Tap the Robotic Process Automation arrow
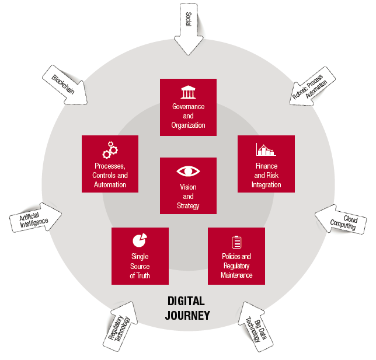310,86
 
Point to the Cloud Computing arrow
342,221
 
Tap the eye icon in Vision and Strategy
188,171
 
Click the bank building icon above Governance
188,92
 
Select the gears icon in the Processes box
110,150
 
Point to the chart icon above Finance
266,149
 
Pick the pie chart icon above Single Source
140,240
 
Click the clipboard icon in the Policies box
236,242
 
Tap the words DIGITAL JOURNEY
187,309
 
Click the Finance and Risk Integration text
266,175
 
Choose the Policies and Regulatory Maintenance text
236,265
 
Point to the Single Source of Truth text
140,265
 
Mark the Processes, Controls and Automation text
110,175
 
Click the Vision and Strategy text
188,196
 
